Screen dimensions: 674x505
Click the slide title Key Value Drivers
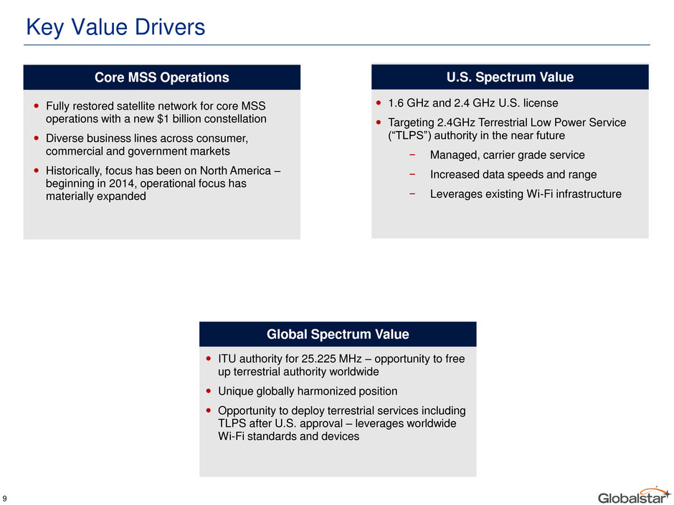click(115, 27)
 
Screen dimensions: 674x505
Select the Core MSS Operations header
click(161, 77)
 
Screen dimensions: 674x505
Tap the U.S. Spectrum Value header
click(510, 77)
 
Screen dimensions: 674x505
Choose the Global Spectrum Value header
click(338, 334)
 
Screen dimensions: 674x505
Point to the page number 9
click(5, 499)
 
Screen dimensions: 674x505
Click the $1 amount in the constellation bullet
click(163, 119)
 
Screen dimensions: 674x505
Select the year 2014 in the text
click(123, 184)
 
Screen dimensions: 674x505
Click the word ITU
click(227, 359)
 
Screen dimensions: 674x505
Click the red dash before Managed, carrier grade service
click(412, 155)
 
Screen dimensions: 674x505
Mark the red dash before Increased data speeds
click(412, 175)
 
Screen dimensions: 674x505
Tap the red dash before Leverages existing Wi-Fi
click(412, 194)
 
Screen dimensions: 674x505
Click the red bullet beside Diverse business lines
click(36, 138)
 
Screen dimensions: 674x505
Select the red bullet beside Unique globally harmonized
click(209, 391)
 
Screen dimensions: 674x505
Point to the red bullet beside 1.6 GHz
click(379, 103)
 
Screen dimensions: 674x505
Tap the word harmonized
click(334, 391)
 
